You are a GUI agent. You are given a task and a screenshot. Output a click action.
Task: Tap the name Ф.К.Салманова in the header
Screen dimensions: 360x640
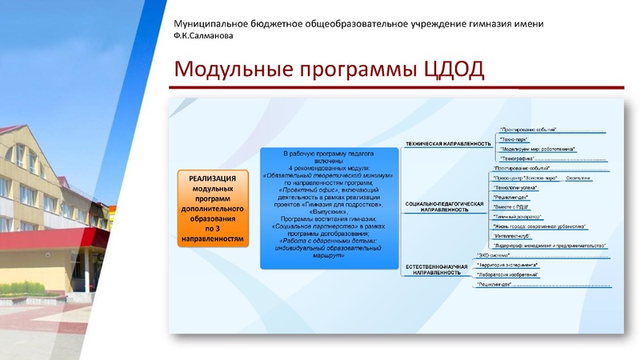point(206,35)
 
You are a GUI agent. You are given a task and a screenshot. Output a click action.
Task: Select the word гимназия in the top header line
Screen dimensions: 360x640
point(472,23)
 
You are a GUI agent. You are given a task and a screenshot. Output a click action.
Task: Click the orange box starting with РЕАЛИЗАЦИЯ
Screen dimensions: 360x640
point(212,208)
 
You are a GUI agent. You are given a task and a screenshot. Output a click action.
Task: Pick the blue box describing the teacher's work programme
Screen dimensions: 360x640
point(329,207)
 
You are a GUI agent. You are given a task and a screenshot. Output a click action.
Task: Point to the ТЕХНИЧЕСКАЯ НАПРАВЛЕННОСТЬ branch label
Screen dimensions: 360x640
point(447,144)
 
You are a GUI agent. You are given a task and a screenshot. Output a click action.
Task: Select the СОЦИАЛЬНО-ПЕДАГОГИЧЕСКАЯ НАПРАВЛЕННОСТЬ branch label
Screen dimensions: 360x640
point(445,208)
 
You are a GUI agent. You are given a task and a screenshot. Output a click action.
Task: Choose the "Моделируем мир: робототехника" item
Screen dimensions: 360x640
point(536,149)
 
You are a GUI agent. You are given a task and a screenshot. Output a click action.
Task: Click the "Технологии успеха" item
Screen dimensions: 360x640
point(518,187)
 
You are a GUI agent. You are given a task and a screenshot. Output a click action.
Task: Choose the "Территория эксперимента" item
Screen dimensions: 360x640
point(507,265)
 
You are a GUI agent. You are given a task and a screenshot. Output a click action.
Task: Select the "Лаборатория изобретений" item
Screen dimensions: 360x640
point(508,274)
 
